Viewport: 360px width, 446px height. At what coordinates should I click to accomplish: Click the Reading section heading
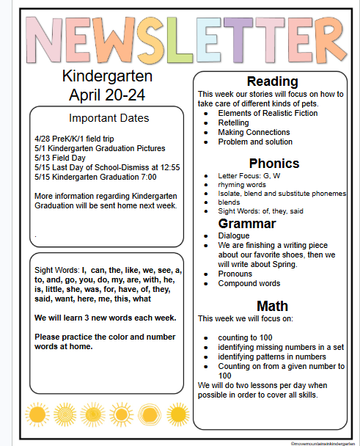272,81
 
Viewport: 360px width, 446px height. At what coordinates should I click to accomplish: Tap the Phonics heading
273,163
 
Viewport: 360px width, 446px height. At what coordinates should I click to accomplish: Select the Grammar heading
246,223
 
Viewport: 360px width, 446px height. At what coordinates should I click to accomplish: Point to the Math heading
272,305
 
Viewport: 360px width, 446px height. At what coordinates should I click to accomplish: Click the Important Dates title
109,118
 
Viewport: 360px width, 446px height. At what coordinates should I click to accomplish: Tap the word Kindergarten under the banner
107,76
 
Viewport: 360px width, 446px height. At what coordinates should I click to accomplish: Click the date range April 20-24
107,94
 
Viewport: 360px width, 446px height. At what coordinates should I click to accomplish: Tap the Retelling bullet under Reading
235,123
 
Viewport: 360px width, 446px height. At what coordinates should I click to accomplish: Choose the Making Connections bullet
254,132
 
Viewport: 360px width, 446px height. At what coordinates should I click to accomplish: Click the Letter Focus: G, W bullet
249,176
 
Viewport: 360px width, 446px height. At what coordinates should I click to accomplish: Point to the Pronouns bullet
236,274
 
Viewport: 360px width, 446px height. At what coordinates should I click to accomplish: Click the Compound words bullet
249,283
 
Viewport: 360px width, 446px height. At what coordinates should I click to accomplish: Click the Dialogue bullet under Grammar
235,236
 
